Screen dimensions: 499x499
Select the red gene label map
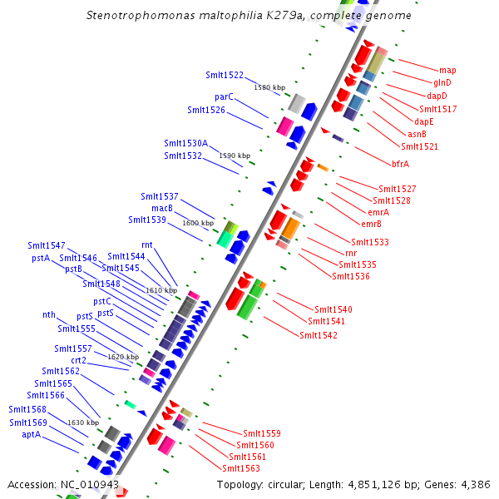(x=447, y=71)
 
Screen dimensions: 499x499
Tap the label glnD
(x=442, y=83)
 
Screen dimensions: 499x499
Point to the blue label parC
(x=224, y=97)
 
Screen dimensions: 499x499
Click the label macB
(x=162, y=208)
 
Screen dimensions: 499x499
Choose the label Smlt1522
(x=225, y=76)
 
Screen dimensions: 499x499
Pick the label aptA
(x=32, y=434)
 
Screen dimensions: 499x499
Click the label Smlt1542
(x=319, y=335)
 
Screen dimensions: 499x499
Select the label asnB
(x=417, y=134)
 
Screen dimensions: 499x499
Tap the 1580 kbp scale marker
(x=269, y=87)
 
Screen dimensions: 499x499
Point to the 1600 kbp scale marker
(x=198, y=224)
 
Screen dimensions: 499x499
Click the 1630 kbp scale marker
(x=83, y=423)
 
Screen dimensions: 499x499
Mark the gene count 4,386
(x=474, y=484)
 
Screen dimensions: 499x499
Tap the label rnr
(x=351, y=253)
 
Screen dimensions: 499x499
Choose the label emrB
(x=371, y=224)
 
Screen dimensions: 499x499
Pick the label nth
(x=49, y=315)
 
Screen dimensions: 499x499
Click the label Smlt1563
(x=241, y=468)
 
